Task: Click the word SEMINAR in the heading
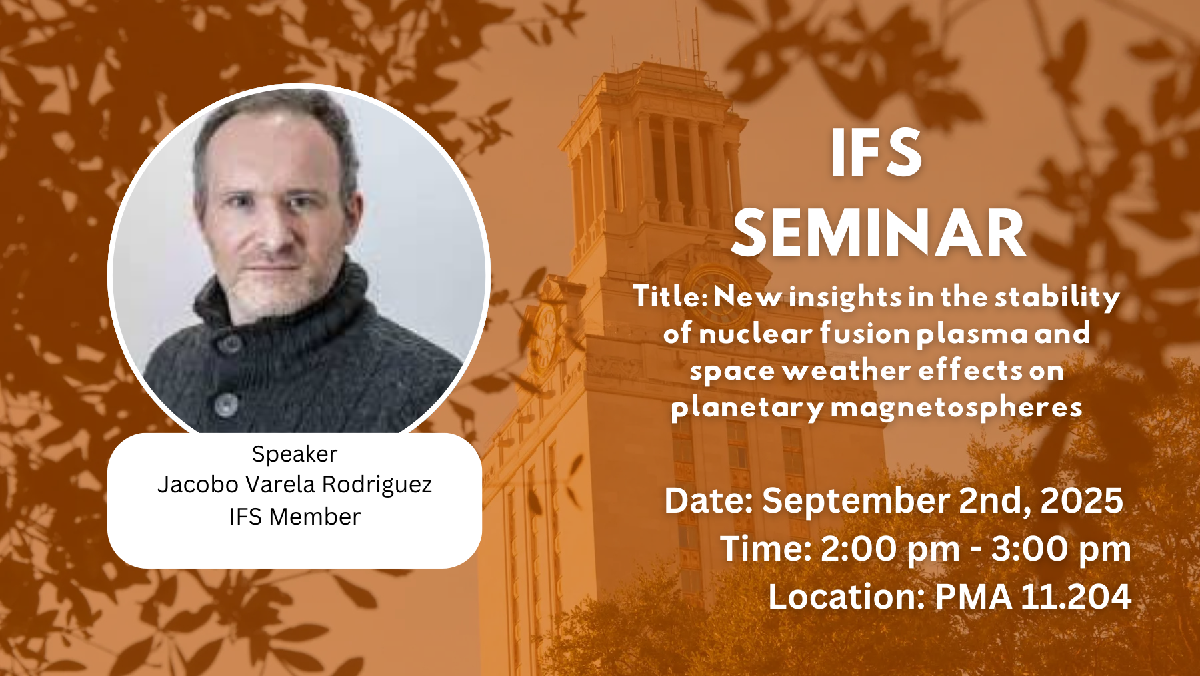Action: point(879,233)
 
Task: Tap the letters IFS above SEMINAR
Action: point(877,153)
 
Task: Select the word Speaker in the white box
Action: point(295,454)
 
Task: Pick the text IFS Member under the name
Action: point(295,517)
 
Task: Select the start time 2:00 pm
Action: point(890,550)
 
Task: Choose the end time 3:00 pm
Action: point(1061,550)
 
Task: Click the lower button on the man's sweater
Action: point(226,404)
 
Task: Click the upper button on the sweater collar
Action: point(231,343)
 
